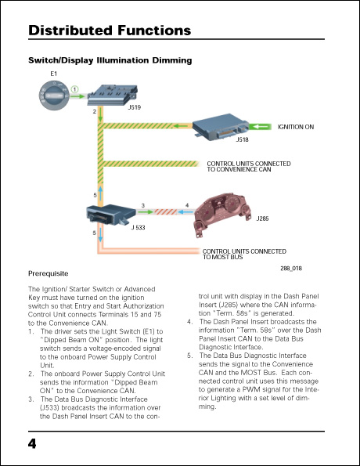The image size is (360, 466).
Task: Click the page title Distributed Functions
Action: click(110, 31)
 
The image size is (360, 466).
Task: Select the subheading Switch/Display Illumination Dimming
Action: click(110, 60)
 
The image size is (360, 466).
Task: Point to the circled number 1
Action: click(75, 89)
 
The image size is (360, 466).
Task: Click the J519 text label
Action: click(135, 107)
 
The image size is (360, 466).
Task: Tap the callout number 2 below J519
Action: click(95, 112)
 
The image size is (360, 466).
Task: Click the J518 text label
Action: click(243, 140)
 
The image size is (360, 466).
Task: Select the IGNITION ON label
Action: click(296, 127)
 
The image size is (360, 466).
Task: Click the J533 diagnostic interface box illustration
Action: click(110, 214)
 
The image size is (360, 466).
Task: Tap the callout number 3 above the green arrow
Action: click(142, 205)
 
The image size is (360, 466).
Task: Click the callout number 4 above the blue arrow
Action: click(186, 205)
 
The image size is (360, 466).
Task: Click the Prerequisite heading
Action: click(49, 273)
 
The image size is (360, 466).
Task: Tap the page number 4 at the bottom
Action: click(32, 444)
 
